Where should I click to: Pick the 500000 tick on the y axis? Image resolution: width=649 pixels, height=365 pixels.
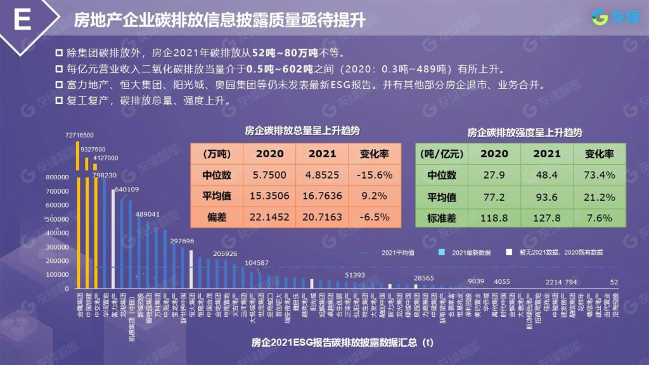58,219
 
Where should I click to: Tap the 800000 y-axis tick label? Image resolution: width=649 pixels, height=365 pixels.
58,177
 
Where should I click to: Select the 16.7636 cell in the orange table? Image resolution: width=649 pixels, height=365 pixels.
322,196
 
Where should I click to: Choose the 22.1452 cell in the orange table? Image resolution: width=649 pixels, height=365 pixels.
269,217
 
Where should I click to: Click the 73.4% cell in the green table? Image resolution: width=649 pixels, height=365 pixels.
599,174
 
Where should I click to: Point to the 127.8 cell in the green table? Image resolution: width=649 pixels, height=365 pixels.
547,217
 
